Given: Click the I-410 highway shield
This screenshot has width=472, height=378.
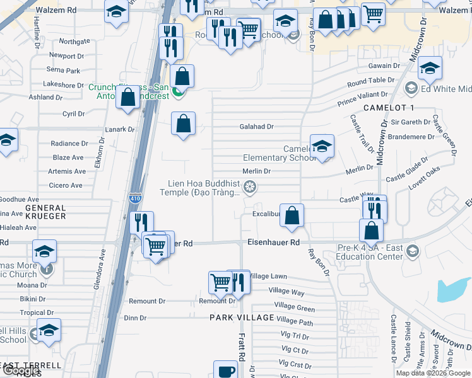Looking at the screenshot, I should tap(134, 197).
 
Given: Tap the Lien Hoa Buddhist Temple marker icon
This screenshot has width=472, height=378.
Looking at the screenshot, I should tap(251, 186).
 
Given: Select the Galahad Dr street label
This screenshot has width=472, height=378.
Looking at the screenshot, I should tap(256, 127).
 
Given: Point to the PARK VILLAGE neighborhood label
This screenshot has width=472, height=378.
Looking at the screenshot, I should tap(242, 318).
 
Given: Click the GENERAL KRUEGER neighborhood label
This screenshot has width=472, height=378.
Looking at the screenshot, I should tap(45, 212).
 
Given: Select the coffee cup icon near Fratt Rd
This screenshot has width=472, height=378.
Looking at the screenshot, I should tap(225, 370).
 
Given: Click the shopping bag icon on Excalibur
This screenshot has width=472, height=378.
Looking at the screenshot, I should tap(292, 215).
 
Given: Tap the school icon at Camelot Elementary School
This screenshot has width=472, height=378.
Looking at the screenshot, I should tap(322, 147).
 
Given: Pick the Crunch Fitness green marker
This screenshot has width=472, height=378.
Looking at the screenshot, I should tap(179, 93).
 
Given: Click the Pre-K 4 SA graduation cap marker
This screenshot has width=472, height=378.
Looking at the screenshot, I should tap(412, 252).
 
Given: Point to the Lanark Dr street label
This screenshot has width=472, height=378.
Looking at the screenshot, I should tap(122, 129).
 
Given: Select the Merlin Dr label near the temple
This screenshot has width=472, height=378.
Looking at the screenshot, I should tap(257, 171).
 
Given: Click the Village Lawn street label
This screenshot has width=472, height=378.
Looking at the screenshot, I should tap(268, 276).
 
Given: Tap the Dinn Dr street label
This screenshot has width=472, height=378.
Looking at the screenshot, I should tap(135, 318).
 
